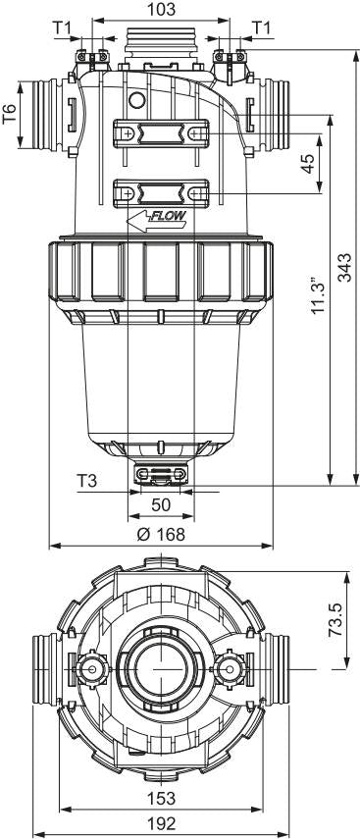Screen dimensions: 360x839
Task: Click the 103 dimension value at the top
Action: point(161,9)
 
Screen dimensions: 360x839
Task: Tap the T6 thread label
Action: point(10,115)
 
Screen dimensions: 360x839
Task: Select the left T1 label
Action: point(62,27)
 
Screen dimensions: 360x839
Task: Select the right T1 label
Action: point(261,27)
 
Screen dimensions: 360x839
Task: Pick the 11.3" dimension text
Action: point(320,295)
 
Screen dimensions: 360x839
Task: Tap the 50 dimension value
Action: point(161,505)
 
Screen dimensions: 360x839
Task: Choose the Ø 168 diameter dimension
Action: point(161,534)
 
